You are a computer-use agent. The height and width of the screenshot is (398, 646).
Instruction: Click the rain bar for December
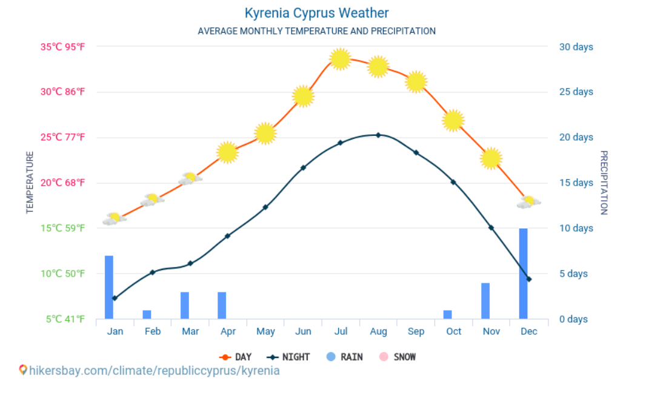[x=523, y=274]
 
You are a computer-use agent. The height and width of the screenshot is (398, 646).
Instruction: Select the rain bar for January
[x=109, y=287]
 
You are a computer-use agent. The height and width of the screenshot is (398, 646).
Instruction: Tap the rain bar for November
[x=485, y=301]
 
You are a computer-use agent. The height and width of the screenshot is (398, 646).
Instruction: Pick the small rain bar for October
[x=447, y=314]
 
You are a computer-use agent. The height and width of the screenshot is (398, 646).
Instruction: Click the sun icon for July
[x=341, y=59]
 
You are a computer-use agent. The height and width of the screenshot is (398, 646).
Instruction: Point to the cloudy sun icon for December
[x=528, y=203]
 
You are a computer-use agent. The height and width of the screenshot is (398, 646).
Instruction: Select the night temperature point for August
[x=378, y=135]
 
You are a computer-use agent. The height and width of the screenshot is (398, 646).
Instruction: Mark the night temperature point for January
[x=115, y=298]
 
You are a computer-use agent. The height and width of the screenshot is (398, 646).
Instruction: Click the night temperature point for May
[x=265, y=207]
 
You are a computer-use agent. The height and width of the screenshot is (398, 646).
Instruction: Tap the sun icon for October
[x=453, y=120]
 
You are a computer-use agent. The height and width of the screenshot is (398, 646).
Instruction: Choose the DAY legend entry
[x=236, y=357]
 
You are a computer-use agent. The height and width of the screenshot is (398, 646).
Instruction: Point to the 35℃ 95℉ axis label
[x=62, y=47]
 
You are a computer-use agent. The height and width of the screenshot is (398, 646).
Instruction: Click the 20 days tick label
[x=576, y=137]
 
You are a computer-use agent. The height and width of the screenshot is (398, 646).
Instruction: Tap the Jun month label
[x=303, y=331]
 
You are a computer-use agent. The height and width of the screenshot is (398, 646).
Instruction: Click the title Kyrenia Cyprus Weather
[x=316, y=13]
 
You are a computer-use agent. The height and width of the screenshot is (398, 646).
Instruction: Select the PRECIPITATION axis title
[x=604, y=183]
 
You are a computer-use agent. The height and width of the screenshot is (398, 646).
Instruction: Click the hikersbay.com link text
[x=154, y=371]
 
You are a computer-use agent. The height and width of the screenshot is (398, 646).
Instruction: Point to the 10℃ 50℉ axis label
[x=62, y=274]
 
